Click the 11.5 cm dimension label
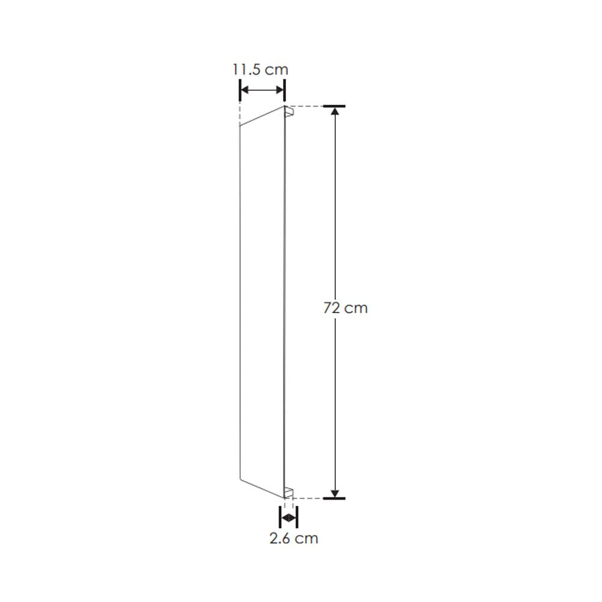261,69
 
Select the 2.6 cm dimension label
293,538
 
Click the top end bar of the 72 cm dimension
334,107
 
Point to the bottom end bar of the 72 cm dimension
334,498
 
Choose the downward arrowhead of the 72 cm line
335,491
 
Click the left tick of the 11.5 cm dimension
240,91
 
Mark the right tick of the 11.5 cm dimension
284,91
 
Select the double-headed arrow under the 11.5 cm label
262,91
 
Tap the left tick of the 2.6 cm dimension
281,517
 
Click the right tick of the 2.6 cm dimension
296,517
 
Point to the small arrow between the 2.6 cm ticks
289,517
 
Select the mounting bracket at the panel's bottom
290,492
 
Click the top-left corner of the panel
240,125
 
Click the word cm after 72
356,308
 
